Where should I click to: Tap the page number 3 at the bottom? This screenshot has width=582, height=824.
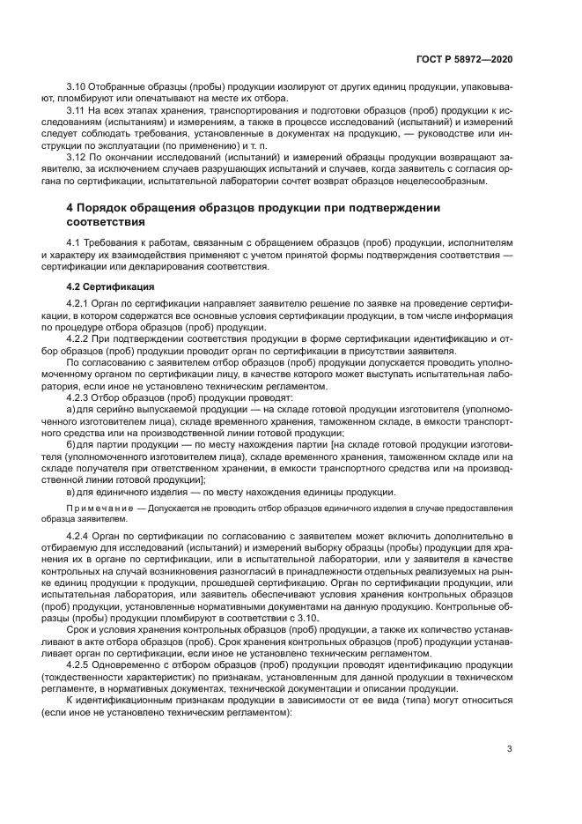(x=509, y=750)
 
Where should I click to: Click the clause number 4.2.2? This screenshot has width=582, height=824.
(x=79, y=338)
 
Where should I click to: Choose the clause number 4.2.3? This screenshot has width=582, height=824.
(x=79, y=397)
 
